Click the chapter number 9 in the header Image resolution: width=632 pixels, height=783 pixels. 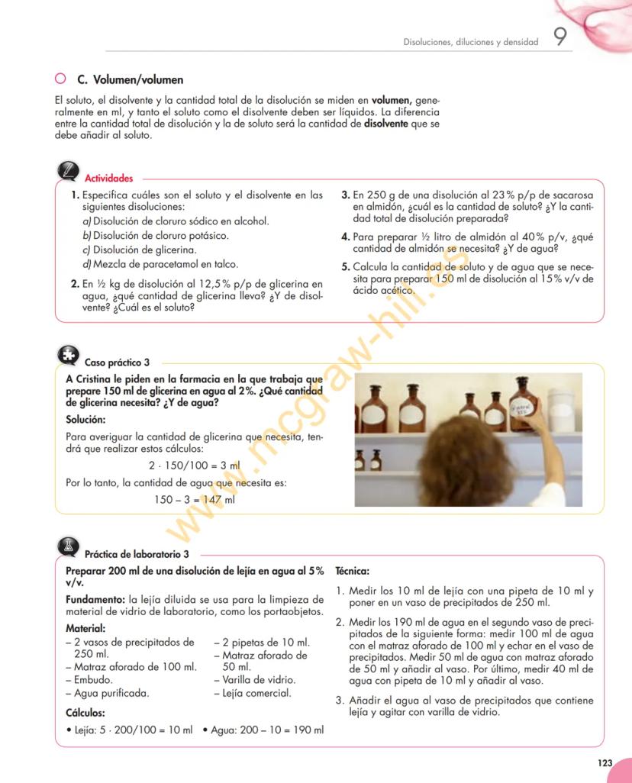coord(560,38)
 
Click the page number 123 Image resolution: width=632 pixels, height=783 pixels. coord(605,762)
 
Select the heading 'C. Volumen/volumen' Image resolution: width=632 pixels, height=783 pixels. coord(131,79)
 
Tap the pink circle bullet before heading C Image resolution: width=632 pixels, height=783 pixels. coord(60,79)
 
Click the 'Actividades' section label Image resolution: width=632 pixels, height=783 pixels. coord(108,179)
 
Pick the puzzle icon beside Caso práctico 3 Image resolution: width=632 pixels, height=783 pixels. coord(68,355)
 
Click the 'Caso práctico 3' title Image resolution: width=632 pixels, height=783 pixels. coord(117,363)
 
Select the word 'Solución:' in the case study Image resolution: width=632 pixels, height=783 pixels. coord(85,420)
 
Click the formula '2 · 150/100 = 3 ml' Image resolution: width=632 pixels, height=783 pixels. coord(193,464)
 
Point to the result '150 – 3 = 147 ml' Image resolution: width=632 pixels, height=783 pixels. coord(194,500)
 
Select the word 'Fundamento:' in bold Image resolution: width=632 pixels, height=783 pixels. coord(95,599)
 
